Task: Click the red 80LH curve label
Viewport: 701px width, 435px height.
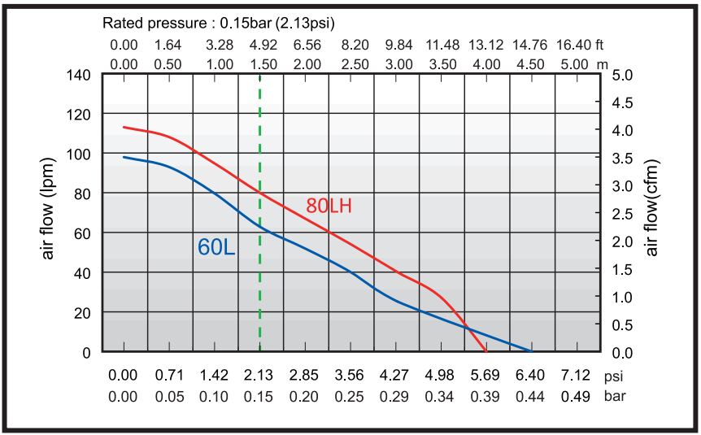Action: coord(329,206)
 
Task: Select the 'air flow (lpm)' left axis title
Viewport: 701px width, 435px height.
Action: coord(48,213)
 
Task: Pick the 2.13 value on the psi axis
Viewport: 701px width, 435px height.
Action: coord(259,376)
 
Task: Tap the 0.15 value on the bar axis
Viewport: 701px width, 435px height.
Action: coord(259,398)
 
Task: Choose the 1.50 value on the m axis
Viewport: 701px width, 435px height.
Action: coord(259,64)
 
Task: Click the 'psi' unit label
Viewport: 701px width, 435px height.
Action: coord(612,376)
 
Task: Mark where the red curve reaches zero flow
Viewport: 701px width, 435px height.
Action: coord(486,351)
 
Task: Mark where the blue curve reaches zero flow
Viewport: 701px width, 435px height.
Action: coord(531,351)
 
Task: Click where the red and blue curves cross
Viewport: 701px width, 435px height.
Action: coord(467,328)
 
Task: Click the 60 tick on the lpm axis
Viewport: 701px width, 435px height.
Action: coord(82,233)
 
